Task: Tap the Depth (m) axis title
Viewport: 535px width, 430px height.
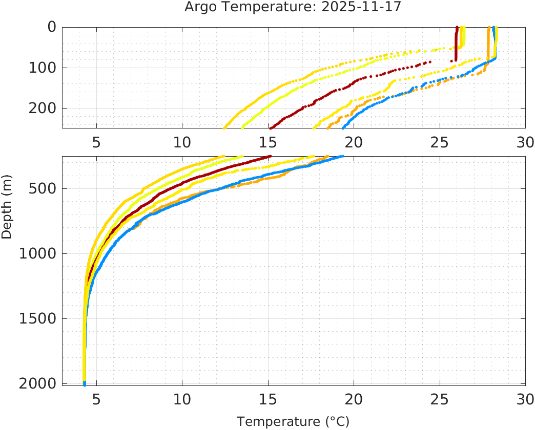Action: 7,211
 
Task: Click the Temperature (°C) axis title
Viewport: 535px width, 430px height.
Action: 293,421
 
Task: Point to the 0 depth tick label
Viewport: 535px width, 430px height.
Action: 52,27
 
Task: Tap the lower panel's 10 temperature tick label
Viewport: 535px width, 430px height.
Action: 182,398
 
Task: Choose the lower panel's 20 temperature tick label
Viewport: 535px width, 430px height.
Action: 354,398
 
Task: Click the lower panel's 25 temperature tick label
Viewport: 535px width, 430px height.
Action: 439,398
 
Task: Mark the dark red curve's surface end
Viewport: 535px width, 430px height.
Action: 457,28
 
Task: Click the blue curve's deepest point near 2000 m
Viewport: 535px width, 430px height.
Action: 85,383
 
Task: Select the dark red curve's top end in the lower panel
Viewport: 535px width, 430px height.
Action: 270,157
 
